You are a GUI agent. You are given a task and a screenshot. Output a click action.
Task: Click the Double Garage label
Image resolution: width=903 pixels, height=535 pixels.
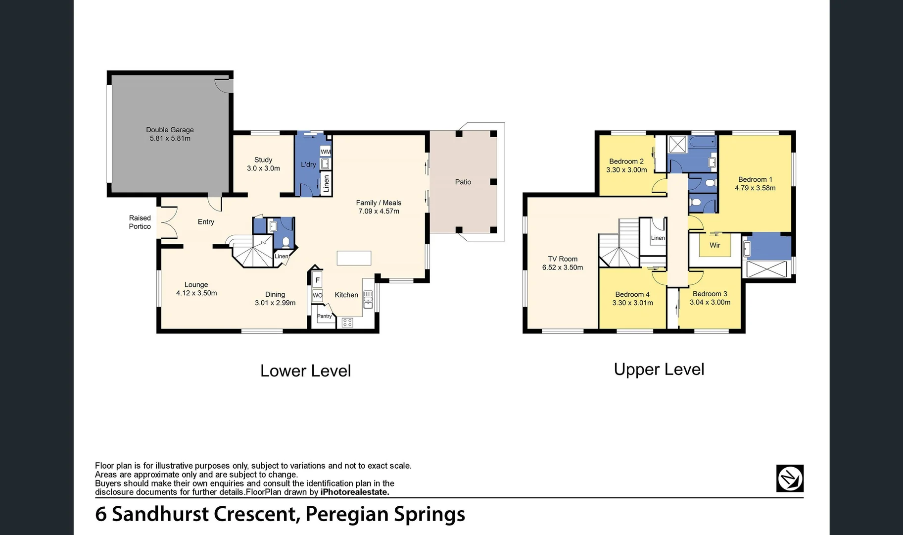pyautogui.click(x=170, y=130)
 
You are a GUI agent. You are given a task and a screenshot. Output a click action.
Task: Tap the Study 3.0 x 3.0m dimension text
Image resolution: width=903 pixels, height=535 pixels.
pyautogui.click(x=263, y=168)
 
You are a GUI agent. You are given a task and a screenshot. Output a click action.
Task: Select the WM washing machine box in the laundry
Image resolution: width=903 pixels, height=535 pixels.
pyautogui.click(x=326, y=152)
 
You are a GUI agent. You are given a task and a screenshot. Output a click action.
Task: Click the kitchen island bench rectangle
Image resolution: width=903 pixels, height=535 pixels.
pyautogui.click(x=354, y=258)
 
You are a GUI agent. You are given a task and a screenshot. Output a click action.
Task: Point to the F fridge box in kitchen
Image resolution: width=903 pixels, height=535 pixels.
pyautogui.click(x=317, y=280)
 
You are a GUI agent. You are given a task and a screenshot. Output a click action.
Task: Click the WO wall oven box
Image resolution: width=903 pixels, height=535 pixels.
pyautogui.click(x=317, y=295)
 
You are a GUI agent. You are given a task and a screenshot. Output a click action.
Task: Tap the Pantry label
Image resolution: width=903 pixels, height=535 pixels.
pyautogui.click(x=324, y=316)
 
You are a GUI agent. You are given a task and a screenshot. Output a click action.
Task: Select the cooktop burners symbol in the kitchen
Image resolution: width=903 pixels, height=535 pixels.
pyautogui.click(x=347, y=323)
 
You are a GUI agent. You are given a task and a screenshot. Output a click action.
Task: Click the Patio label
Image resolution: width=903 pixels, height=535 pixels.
pyautogui.click(x=463, y=182)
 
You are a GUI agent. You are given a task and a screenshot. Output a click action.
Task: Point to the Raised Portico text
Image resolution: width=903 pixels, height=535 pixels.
pyautogui.click(x=140, y=222)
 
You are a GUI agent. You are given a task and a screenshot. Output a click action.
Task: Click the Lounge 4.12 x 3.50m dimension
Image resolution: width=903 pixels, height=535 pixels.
pyautogui.click(x=196, y=293)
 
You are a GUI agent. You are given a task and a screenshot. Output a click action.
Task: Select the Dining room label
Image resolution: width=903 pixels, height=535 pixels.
pyautogui.click(x=275, y=294)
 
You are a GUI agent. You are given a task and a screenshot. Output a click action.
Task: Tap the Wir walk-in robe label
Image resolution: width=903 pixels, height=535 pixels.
pyautogui.click(x=714, y=245)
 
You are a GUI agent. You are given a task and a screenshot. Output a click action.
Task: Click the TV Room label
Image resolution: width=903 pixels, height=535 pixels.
pyautogui.click(x=563, y=259)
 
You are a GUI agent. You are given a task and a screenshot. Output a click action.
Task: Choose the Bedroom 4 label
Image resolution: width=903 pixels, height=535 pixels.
pyautogui.click(x=632, y=294)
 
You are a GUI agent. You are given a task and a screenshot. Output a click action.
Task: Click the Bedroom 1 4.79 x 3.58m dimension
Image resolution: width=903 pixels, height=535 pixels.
pyautogui.click(x=755, y=188)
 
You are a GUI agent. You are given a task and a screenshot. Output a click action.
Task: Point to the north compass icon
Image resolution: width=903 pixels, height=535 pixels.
pyautogui.click(x=789, y=478)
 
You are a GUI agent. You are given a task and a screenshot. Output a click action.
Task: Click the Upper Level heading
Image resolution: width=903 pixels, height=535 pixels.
pyautogui.click(x=659, y=370)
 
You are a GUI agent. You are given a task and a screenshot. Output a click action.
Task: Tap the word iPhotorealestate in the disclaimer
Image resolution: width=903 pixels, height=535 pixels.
pyautogui.click(x=355, y=492)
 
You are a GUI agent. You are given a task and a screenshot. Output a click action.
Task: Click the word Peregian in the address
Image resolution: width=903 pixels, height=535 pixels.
pyautogui.click(x=347, y=514)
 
